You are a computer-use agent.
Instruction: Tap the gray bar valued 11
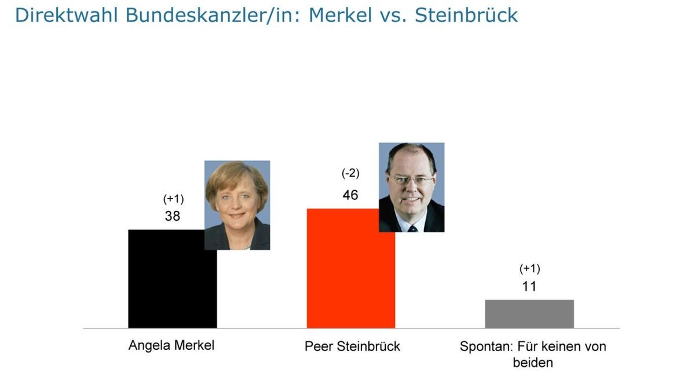[529, 314]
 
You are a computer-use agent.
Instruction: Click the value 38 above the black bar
[173, 217]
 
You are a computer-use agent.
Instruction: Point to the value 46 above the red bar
[350, 195]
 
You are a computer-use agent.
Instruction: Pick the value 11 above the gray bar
[529, 287]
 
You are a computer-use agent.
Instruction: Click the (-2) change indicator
[350, 174]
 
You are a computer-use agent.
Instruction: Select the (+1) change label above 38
[173, 199]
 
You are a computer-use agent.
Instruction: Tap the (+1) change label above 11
[529, 269]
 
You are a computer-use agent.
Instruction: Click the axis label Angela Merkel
[171, 346]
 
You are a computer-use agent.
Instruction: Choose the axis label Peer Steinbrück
[352, 346]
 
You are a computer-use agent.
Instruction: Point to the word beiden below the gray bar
[533, 363]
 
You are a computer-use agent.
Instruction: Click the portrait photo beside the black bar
[237, 205]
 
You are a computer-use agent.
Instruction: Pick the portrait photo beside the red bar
[411, 187]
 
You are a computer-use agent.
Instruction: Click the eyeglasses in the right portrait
[411, 180]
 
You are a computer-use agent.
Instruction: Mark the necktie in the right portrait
[412, 228]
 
